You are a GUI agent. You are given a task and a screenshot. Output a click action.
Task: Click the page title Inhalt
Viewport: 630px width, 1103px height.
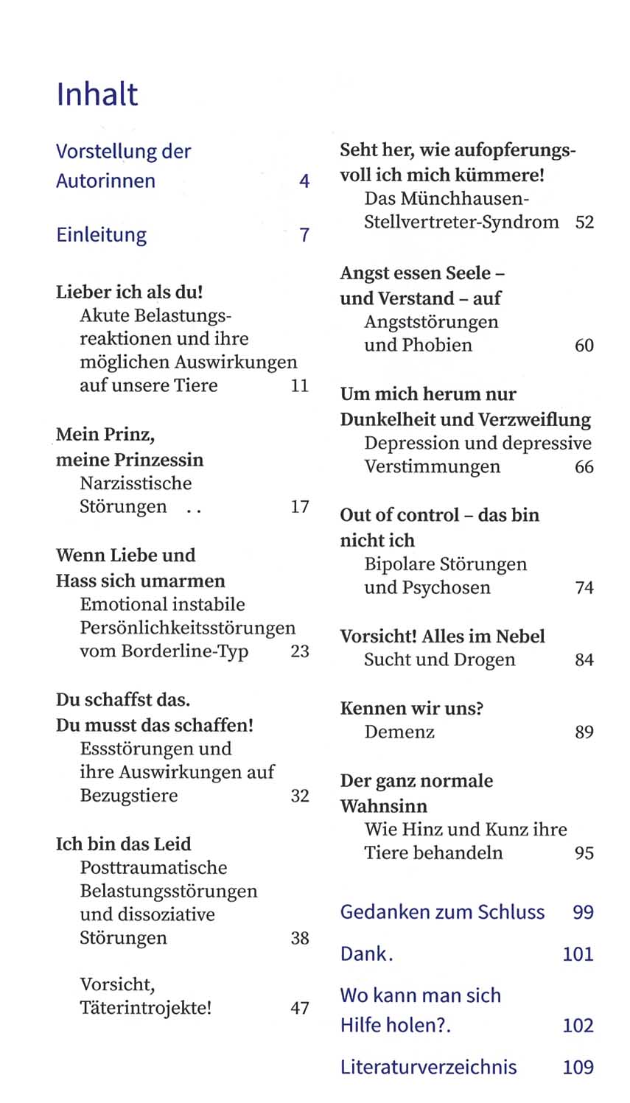tap(97, 94)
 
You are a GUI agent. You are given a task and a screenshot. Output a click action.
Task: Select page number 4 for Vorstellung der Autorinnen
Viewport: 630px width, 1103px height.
tap(304, 181)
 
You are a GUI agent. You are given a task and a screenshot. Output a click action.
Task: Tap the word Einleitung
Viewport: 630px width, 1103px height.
tap(102, 235)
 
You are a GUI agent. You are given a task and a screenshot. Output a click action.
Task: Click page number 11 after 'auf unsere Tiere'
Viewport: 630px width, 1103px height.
tap(299, 385)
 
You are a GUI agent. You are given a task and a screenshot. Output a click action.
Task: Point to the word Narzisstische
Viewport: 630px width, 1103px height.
tap(136, 483)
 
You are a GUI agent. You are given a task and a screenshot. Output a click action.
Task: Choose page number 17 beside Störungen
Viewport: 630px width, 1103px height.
tap(299, 507)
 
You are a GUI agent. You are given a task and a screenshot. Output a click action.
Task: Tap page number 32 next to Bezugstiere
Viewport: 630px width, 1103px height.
tap(299, 796)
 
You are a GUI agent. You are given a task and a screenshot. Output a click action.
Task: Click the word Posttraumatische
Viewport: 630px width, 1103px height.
tap(153, 868)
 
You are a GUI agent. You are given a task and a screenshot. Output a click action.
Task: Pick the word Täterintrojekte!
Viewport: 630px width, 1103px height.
tap(145, 1008)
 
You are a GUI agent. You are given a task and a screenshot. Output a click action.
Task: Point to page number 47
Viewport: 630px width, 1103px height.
tap(299, 1008)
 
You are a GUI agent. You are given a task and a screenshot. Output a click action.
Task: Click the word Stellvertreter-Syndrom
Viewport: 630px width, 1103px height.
tap(461, 223)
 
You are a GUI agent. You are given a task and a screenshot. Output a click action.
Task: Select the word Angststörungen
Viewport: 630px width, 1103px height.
tap(431, 322)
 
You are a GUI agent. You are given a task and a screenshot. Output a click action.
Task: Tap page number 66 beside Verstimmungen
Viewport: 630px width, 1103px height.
tap(584, 467)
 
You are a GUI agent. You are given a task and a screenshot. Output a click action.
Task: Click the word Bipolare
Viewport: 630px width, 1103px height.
tap(399, 564)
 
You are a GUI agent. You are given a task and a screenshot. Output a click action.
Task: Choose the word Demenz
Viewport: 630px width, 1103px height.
tap(399, 732)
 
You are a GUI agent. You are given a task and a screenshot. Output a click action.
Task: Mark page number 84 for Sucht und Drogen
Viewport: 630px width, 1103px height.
tap(584, 660)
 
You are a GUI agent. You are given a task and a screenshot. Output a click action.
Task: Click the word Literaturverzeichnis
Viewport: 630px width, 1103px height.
tap(429, 1068)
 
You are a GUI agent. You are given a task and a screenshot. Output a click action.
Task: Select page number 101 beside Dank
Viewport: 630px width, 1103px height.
tap(578, 954)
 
